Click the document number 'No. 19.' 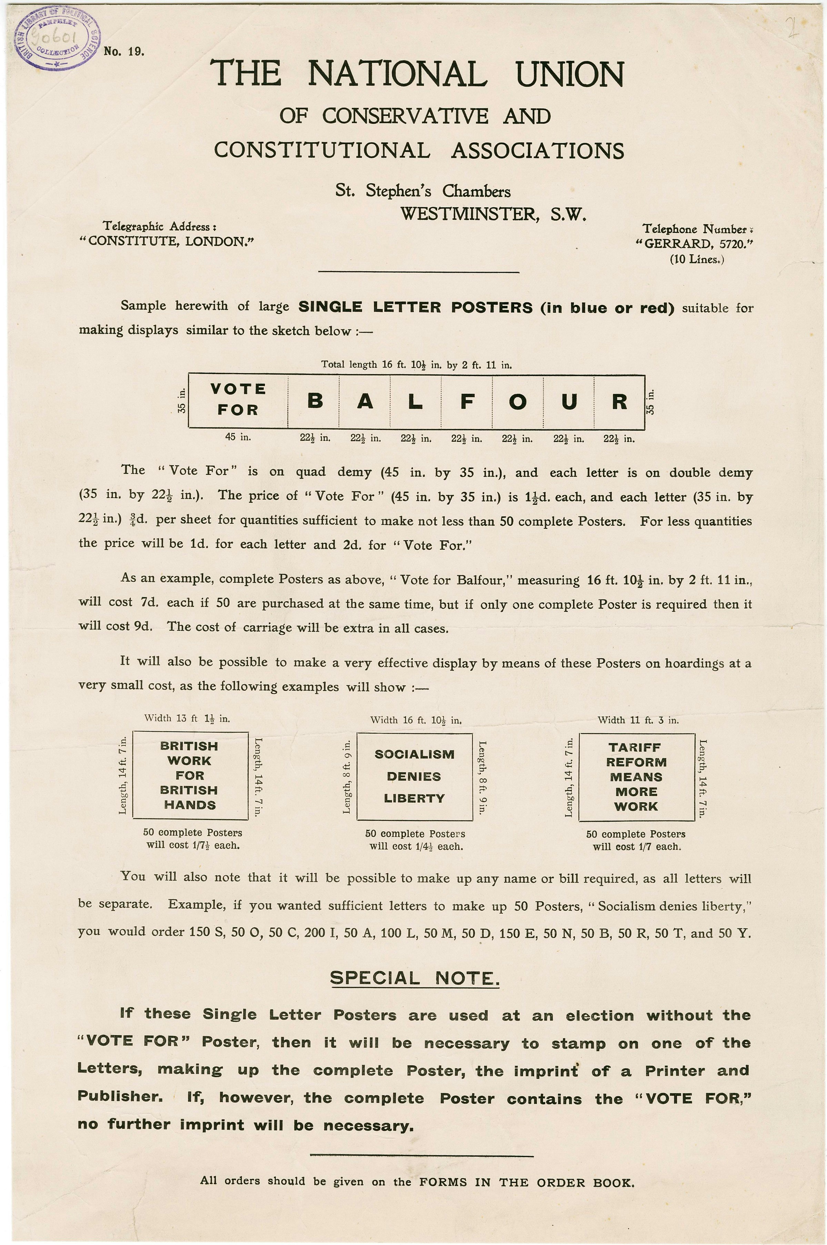124,52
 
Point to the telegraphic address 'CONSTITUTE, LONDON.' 167,241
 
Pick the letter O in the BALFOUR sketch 518,401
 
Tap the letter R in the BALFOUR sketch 619,401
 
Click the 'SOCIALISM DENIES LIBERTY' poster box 414,776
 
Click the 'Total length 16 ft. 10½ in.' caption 417,364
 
